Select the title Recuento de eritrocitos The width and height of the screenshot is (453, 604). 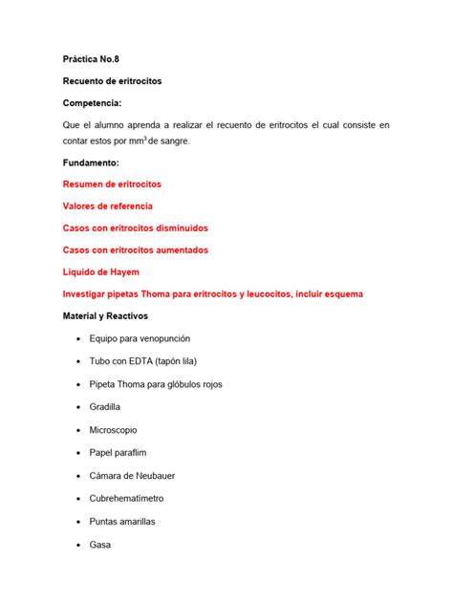point(112,80)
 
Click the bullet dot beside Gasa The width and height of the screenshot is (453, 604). point(76,545)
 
